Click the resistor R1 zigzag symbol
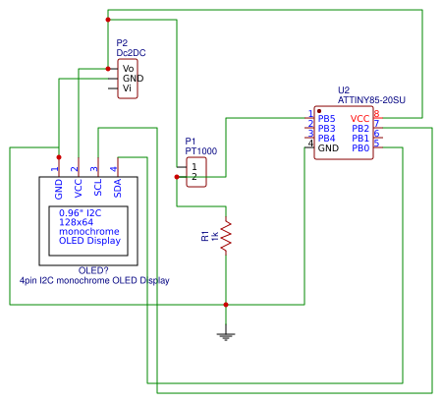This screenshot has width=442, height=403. pos(226,236)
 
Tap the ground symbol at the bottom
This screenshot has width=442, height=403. pos(226,336)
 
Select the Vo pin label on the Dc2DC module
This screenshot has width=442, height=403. pos(129,67)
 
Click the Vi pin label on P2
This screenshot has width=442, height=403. pos(128,88)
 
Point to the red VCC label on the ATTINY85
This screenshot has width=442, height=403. pos(359,118)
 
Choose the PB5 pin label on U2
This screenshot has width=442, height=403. pos(327,118)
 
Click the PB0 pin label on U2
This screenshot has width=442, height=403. pos(360,148)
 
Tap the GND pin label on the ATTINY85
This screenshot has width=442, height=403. pos(328,148)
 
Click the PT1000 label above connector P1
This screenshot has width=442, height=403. pos(200,151)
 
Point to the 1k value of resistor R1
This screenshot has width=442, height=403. pos(214,236)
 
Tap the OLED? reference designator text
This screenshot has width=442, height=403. pos(93,270)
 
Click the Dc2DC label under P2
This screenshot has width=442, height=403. pos(132,53)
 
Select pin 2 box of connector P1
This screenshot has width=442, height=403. pos(195,177)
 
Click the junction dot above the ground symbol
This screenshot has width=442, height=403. pos(226,305)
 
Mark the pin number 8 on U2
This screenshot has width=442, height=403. pos(376,114)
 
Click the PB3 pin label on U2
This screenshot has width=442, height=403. pos(327,129)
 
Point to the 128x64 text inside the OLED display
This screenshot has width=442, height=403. pos(79,222)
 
